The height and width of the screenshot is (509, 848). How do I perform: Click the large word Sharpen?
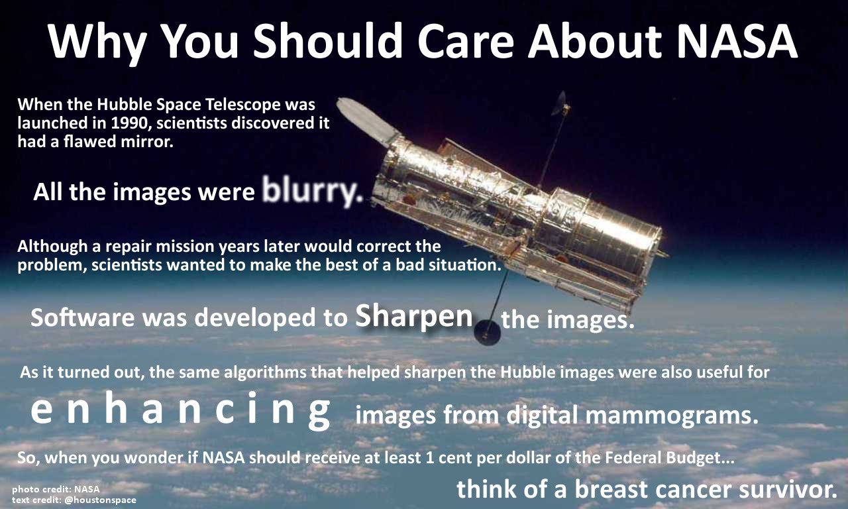pos(414,316)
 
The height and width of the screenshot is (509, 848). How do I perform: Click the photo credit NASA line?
pos(56,489)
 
